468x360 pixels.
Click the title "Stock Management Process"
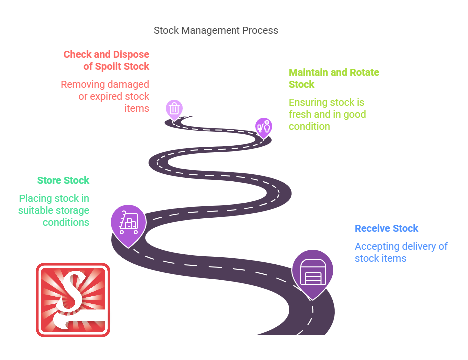[x=216, y=30]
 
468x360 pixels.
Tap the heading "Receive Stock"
[x=386, y=228]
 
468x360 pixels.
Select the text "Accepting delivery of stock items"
[x=401, y=252]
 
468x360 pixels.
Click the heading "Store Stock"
[x=63, y=180]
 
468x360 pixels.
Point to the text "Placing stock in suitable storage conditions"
[x=54, y=210]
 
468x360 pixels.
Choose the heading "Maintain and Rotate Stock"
[x=334, y=78]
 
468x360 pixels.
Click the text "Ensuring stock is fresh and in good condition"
[x=327, y=114]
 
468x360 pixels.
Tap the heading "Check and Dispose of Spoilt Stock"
[x=106, y=60]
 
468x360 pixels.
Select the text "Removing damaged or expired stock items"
[x=105, y=96]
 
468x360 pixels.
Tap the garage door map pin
[x=312, y=272]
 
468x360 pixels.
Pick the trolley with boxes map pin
[x=128, y=223]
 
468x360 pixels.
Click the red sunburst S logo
[x=73, y=300]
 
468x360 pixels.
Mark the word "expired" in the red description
[x=107, y=96]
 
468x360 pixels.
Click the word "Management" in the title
[x=211, y=30]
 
